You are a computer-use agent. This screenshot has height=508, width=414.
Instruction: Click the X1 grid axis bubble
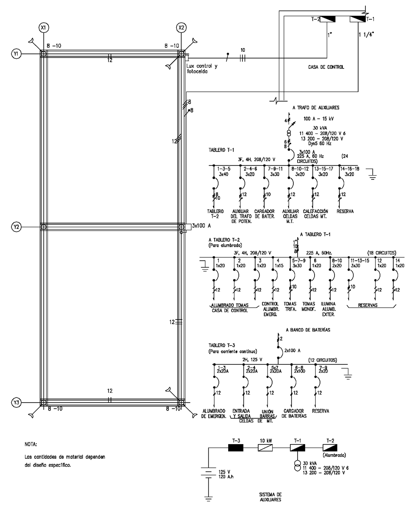click(x=43, y=28)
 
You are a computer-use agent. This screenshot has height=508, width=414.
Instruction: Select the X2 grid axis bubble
click(x=181, y=28)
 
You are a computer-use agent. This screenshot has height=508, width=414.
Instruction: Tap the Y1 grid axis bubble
click(x=16, y=54)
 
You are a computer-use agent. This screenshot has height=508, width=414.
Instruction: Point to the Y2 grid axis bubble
click(x=16, y=227)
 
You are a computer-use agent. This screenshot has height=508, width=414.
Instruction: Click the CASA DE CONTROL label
click(x=326, y=67)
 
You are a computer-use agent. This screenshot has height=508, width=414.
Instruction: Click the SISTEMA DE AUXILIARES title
click(x=270, y=497)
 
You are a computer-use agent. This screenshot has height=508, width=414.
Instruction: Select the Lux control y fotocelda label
click(x=202, y=68)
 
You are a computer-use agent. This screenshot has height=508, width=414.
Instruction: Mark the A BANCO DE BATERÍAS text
click(x=308, y=329)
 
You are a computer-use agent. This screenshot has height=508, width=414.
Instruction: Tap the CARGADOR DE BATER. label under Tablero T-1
click(x=265, y=213)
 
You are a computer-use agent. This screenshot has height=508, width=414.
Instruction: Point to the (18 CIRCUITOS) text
click(x=381, y=253)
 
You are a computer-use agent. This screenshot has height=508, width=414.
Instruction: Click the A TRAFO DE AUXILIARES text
click(x=315, y=108)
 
